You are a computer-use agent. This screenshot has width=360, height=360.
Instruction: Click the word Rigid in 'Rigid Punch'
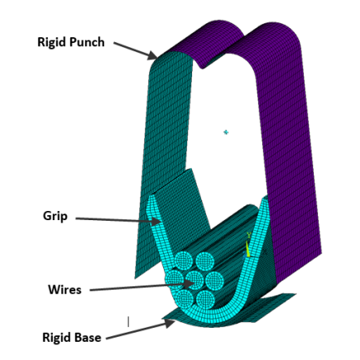click(51, 41)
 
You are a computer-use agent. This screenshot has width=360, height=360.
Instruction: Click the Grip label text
click(55, 216)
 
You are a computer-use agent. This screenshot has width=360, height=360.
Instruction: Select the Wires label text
click(65, 289)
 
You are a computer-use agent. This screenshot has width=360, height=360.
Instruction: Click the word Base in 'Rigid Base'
click(86, 338)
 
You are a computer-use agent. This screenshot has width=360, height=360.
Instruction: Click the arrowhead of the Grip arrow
click(159, 221)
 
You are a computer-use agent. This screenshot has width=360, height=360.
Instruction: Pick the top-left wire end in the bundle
click(182, 262)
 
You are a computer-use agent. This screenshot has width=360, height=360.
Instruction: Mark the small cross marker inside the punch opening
click(224, 132)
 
